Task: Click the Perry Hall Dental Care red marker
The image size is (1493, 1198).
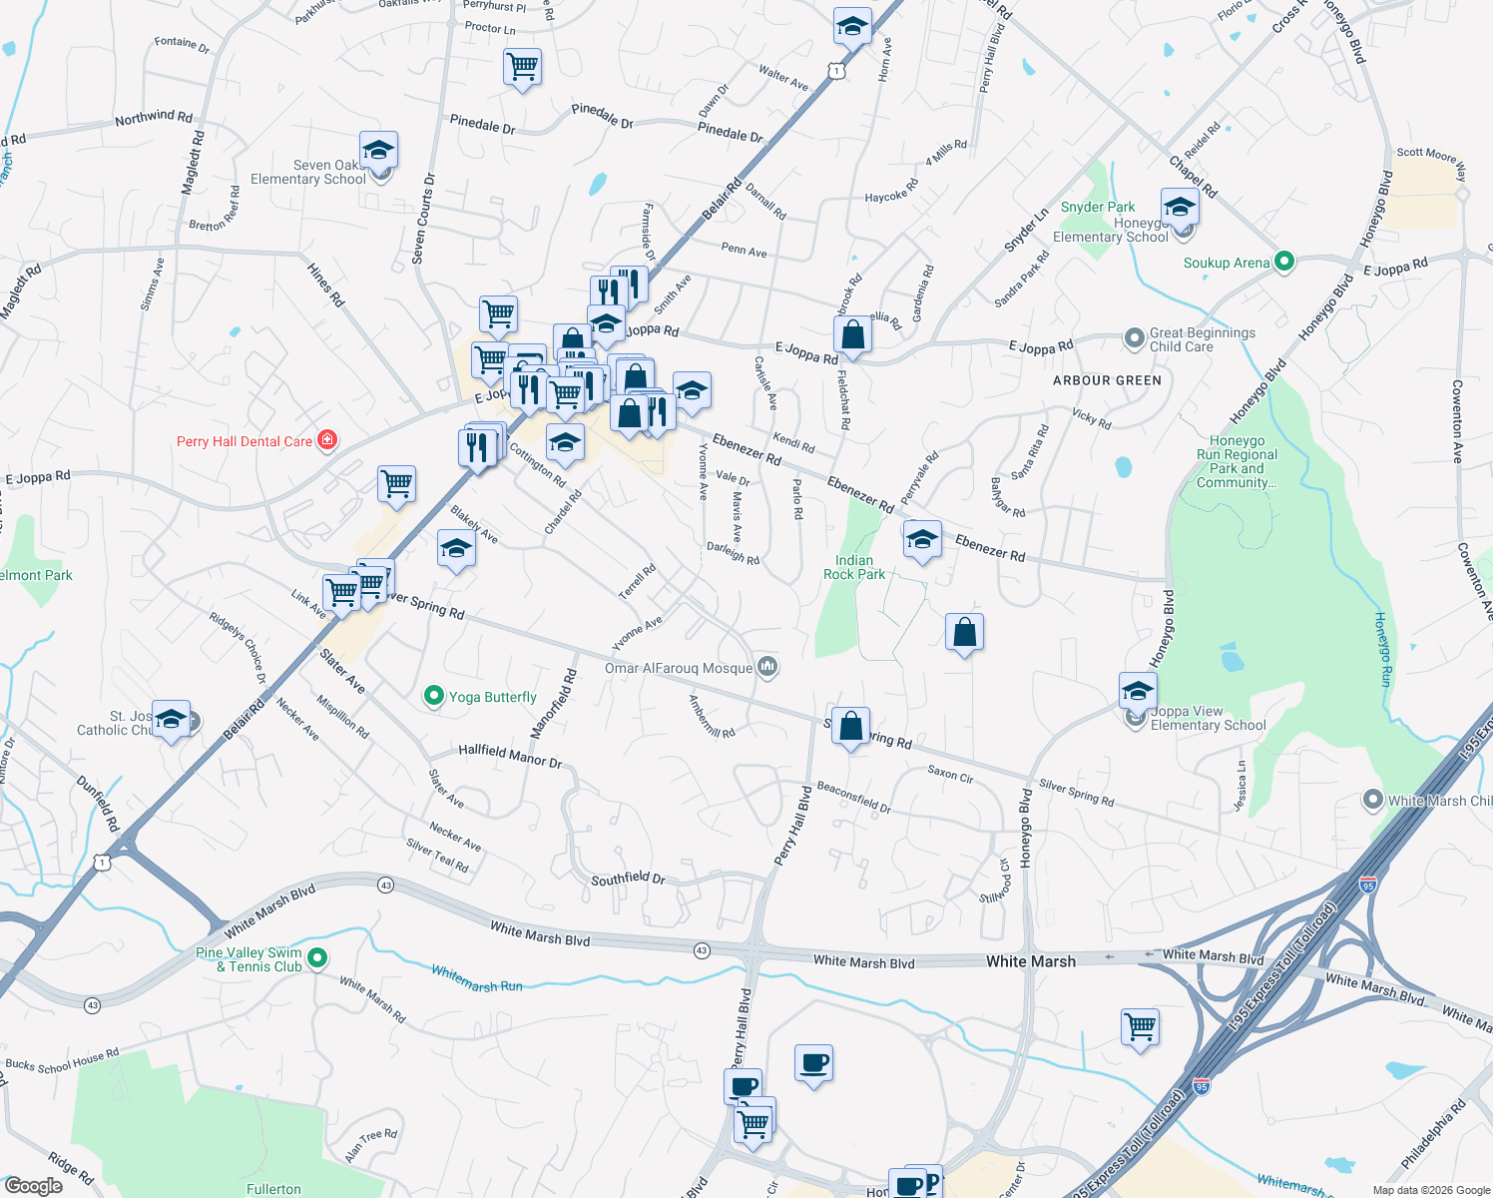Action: coord(327,440)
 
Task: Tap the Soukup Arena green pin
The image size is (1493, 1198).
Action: coord(1284,263)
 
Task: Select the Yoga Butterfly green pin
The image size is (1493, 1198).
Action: coord(433,696)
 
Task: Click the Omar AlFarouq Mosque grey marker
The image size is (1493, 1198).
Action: coord(766,667)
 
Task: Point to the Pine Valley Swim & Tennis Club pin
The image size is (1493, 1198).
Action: coord(317,958)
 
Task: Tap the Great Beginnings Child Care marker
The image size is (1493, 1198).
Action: coord(1134,338)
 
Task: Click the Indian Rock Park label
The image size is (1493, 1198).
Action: coord(854,567)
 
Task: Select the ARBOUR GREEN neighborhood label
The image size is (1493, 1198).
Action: coord(1107,380)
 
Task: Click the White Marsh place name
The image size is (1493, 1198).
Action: coord(1031,961)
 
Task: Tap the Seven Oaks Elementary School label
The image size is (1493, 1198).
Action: coord(308,172)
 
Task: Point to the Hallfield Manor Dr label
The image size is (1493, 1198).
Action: coord(510,755)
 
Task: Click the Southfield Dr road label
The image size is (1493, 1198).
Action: coord(628,879)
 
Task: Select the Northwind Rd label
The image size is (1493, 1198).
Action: coord(154,118)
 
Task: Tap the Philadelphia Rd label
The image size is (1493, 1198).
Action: coord(1433,1134)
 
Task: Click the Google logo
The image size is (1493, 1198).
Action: coord(34,1186)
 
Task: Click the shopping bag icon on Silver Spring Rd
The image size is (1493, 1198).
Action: coord(850,727)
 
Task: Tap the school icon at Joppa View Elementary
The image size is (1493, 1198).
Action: coord(1138,690)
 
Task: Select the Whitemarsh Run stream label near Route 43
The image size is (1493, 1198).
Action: coord(477,978)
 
